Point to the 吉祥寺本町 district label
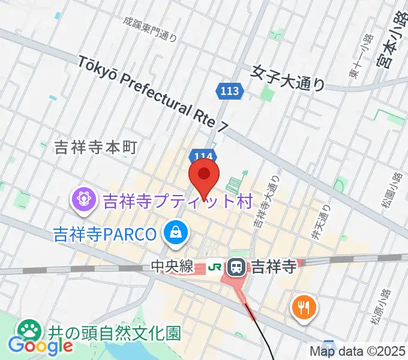point(96,147)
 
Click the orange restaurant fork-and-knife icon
point(302,307)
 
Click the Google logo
point(41,346)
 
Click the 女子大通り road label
point(289,77)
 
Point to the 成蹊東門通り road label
point(150,29)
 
